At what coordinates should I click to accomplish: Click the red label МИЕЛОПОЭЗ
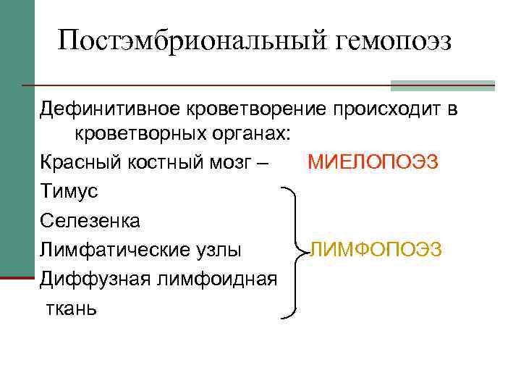coord(373,161)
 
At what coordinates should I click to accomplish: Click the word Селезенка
coord(90,220)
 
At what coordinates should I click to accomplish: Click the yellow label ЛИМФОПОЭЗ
coord(376,250)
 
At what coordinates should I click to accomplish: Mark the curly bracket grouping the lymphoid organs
coord(294,252)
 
